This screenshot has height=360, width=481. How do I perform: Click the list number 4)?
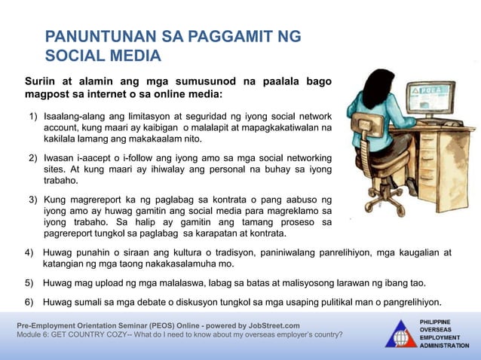click(29, 252)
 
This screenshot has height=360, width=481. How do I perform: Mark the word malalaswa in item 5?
click(155, 284)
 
